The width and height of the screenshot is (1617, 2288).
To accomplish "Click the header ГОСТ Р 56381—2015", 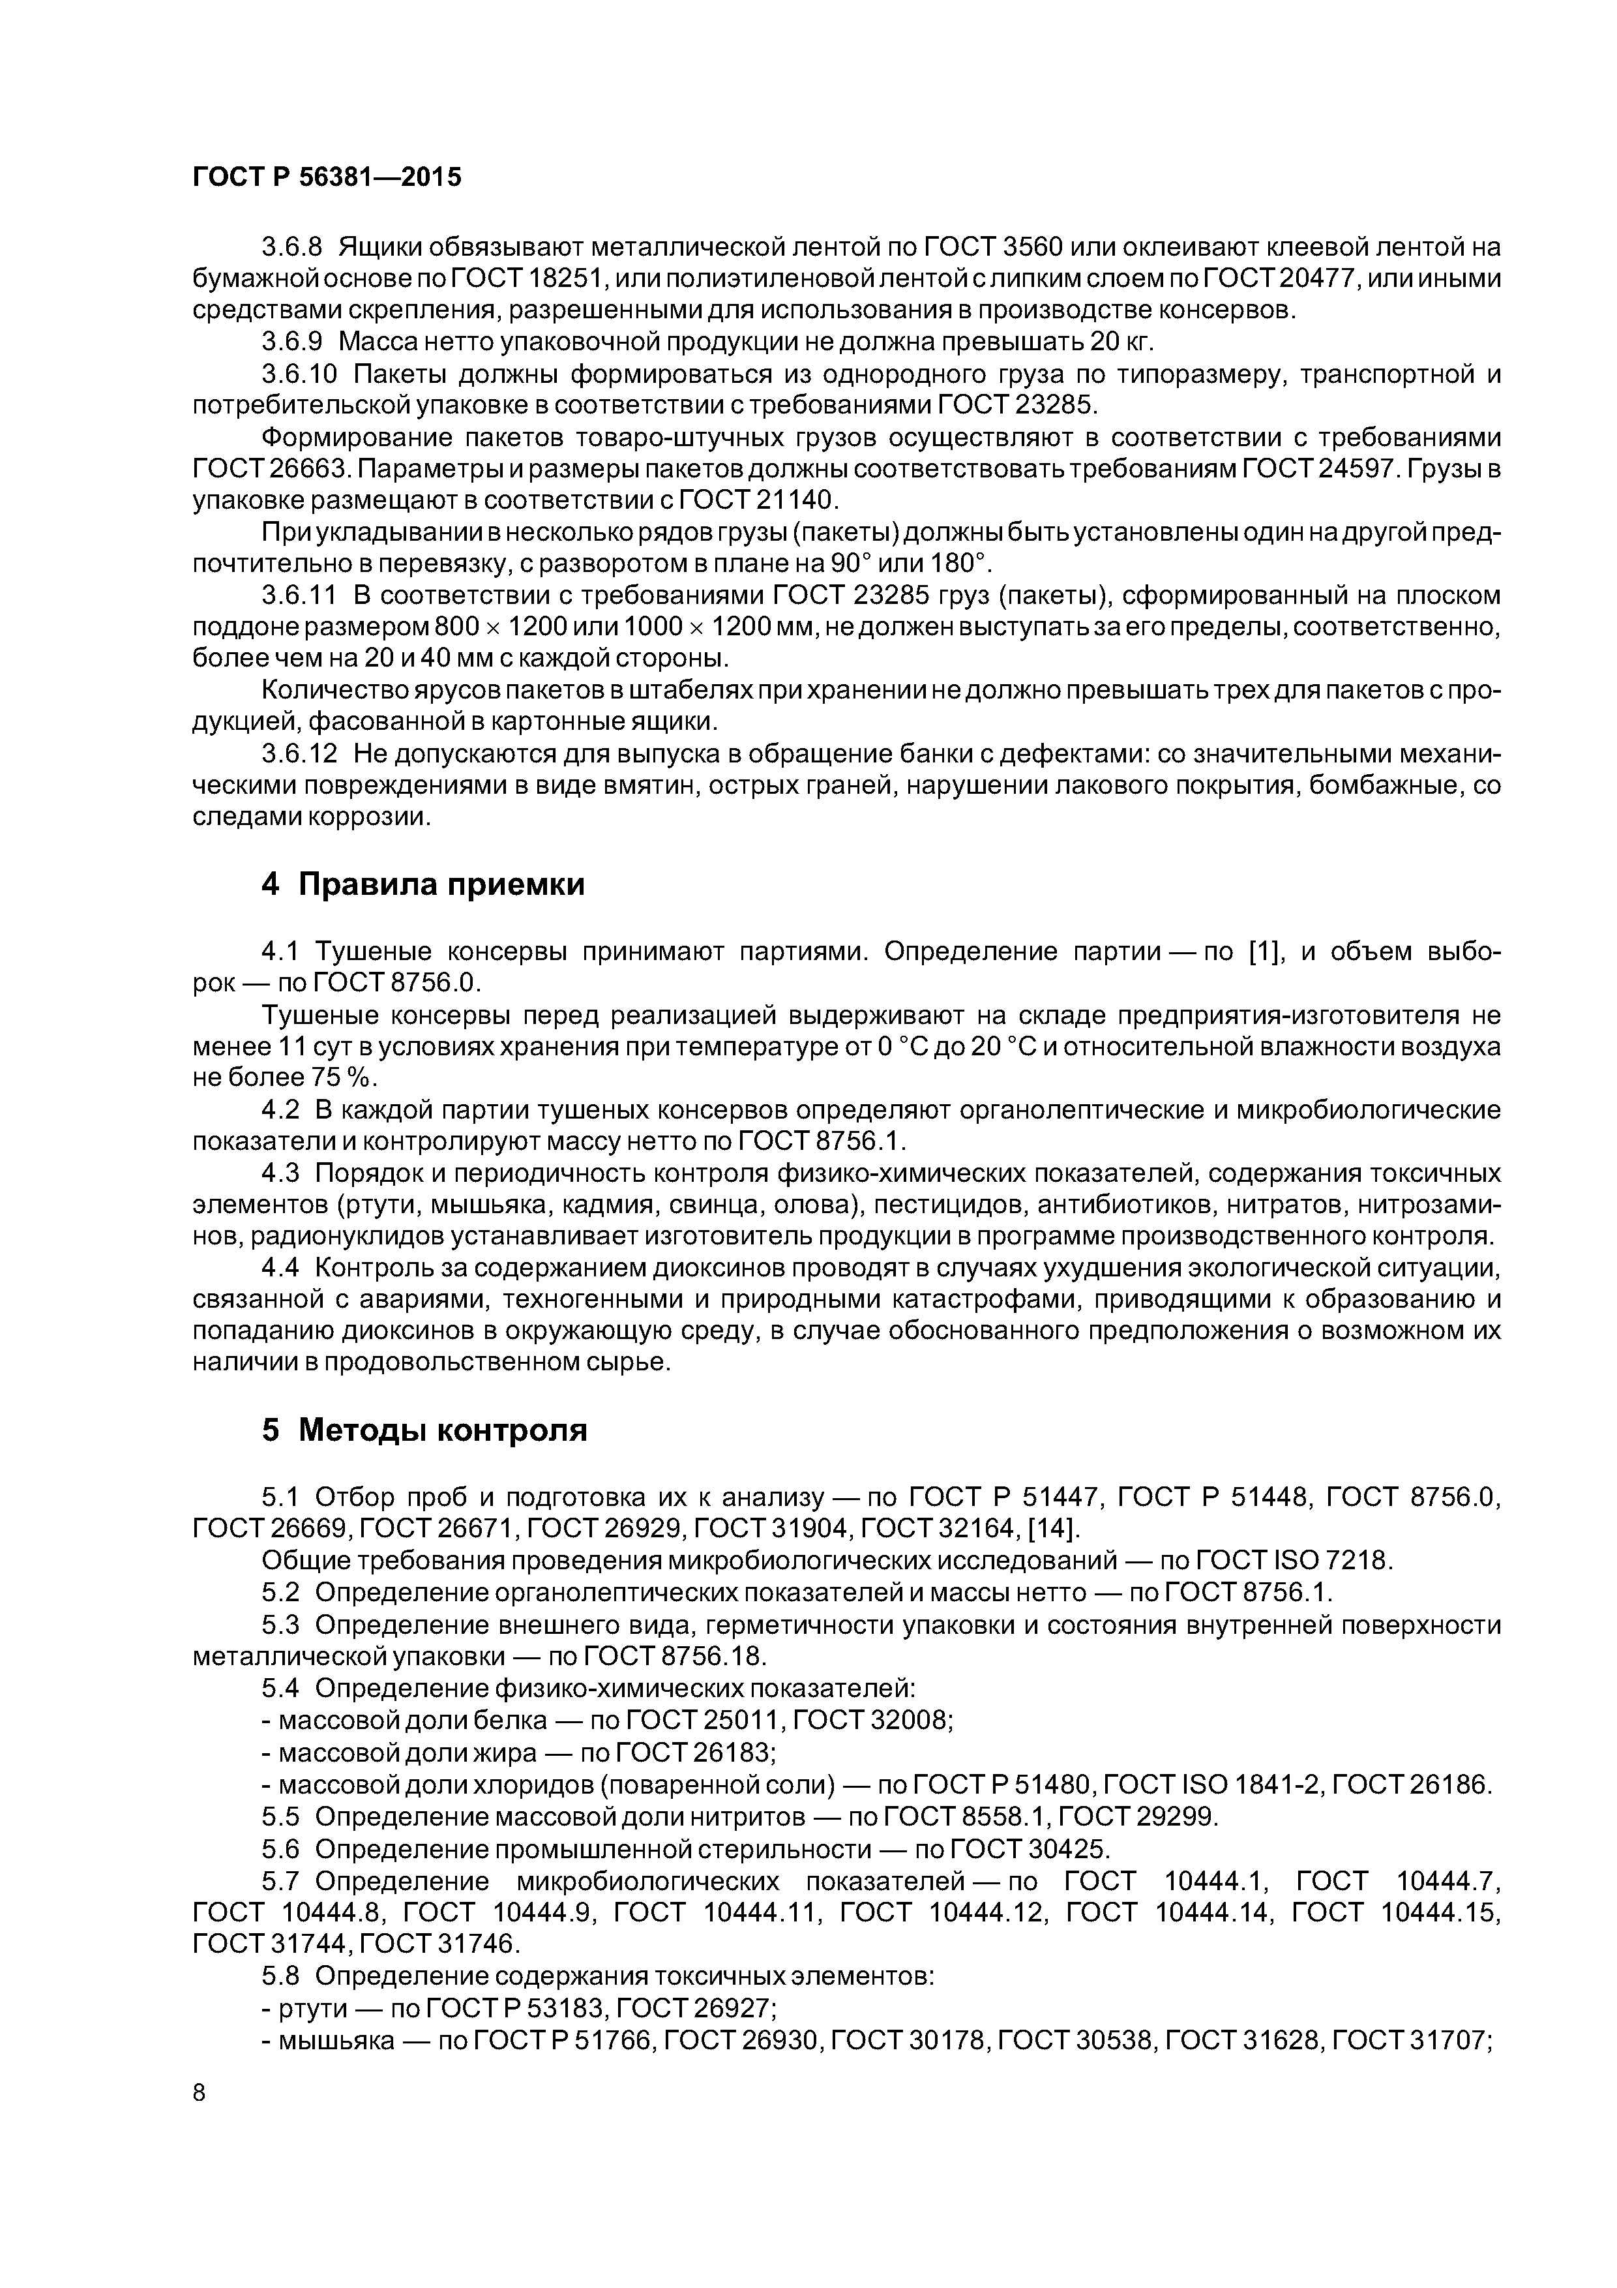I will [x=327, y=177].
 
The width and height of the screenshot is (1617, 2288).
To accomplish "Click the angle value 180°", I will [x=962, y=563].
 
